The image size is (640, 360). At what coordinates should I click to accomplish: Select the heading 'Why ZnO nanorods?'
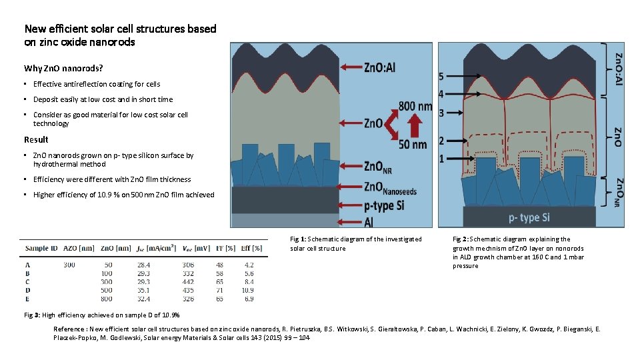click(63, 69)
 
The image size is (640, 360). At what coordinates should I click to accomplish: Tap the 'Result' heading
click(36, 139)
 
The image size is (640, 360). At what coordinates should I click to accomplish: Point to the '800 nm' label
click(415, 106)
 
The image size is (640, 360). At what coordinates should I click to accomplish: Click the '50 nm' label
click(412, 145)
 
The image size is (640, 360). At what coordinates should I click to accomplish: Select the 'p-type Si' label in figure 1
click(384, 206)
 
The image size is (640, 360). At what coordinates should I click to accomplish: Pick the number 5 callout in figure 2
click(441, 77)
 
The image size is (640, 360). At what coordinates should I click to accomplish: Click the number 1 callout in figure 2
click(441, 159)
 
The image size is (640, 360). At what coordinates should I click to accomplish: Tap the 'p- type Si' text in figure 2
click(529, 217)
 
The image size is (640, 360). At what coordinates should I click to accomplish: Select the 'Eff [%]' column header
click(251, 248)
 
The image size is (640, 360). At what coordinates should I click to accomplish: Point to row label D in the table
click(27, 291)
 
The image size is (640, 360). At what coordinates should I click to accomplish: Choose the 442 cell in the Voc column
click(188, 282)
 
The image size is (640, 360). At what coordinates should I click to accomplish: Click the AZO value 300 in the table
click(69, 265)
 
